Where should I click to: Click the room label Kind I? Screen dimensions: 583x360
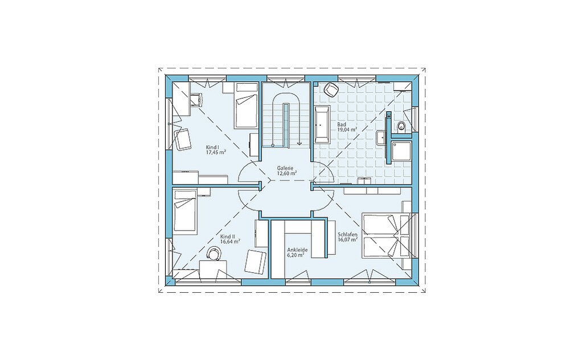tap(212, 148)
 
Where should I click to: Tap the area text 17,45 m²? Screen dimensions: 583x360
tap(216, 152)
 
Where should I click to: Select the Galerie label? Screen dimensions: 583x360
tap(285, 168)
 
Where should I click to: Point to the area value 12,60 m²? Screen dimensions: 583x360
tap(287, 173)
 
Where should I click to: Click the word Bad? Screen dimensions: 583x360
tap(342, 125)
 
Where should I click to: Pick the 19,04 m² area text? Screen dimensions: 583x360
tap(347, 130)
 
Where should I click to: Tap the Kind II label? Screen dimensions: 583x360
tap(227, 236)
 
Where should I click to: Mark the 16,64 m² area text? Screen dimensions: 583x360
tap(230, 242)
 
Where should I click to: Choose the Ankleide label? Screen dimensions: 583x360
tap(297, 250)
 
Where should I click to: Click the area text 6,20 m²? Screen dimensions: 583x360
tap(296, 256)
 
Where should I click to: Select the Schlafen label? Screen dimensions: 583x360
tap(347, 235)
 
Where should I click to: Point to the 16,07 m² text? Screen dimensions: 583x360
tap(348, 240)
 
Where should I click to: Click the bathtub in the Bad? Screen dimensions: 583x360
tap(322, 125)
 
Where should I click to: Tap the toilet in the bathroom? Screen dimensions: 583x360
tap(401, 126)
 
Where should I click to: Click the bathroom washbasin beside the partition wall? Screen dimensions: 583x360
tap(381, 138)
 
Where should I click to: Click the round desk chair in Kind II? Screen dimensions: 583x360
tap(214, 253)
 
